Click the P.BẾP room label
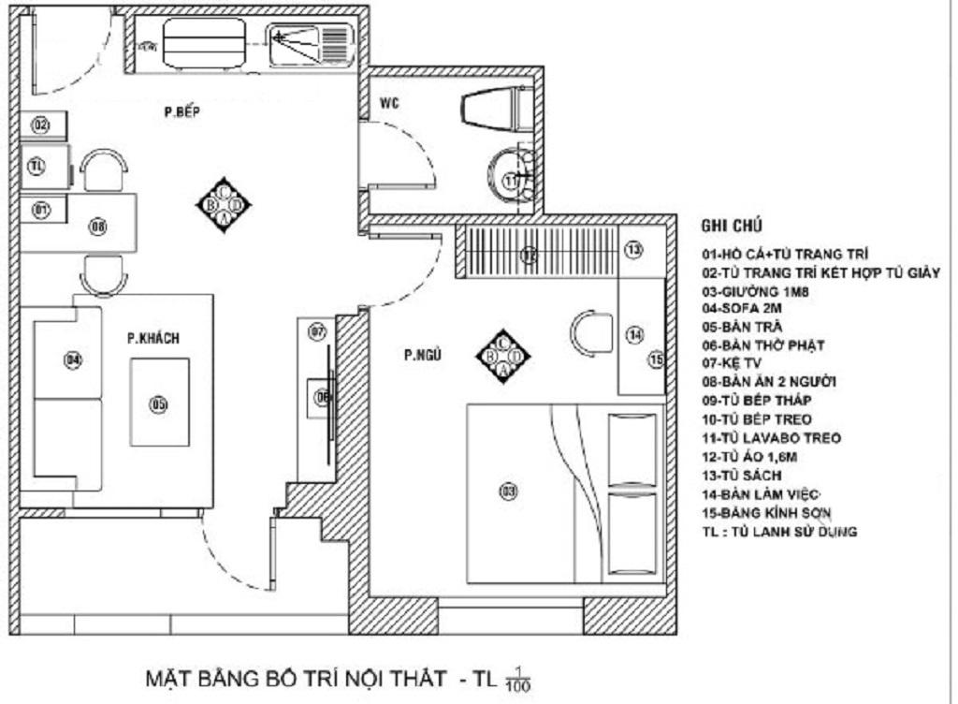[182, 113]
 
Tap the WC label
[390, 103]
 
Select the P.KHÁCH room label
[153, 338]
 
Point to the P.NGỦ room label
[422, 355]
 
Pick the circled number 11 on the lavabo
[511, 181]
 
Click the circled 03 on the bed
[509, 491]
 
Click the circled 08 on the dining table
[98, 225]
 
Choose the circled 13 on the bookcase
[633, 250]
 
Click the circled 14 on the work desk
[635, 334]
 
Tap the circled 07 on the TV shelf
[317, 331]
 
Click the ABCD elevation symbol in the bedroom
[502, 355]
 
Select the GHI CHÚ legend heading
[731, 226]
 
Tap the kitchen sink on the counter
[308, 42]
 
